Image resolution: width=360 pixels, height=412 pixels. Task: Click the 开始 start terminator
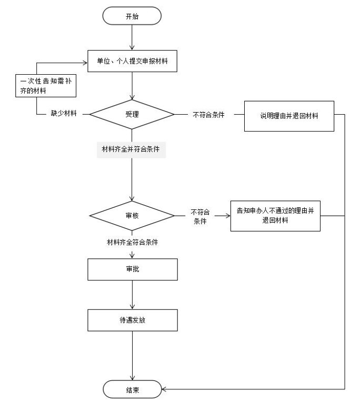pyautogui.click(x=132, y=16)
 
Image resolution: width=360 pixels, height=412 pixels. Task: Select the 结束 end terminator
pyautogui.click(x=132, y=390)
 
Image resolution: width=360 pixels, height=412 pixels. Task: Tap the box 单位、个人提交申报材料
pyautogui.click(x=132, y=61)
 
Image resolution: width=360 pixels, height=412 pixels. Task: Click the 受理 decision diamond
pyautogui.click(x=132, y=114)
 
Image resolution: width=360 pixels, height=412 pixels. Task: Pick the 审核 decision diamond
pyautogui.click(x=132, y=215)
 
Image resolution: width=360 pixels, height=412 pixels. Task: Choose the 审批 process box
pyautogui.click(x=132, y=269)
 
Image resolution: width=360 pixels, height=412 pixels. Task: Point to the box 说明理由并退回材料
pyautogui.click(x=289, y=115)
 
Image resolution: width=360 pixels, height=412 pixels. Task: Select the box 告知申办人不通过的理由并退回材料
pyautogui.click(x=275, y=216)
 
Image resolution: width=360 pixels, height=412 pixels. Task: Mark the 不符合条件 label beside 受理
pyautogui.click(x=209, y=115)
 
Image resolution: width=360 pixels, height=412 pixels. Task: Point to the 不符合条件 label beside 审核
pyautogui.click(x=200, y=216)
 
